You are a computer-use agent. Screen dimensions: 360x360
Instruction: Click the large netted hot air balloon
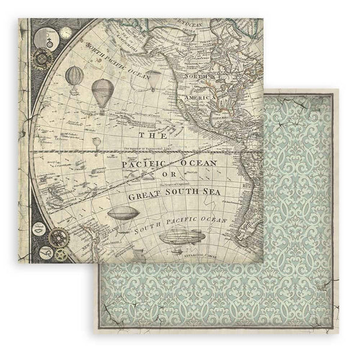(102, 92)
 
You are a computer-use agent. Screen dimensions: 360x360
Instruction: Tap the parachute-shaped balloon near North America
(154, 79)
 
